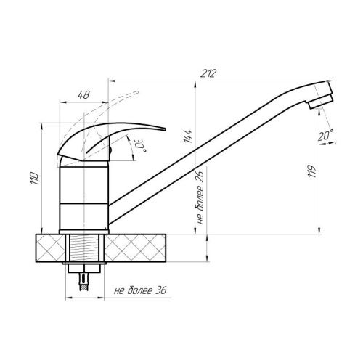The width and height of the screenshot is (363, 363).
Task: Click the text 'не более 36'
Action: pos(141,291)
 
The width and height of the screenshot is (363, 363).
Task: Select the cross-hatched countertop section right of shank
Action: pos(145,247)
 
